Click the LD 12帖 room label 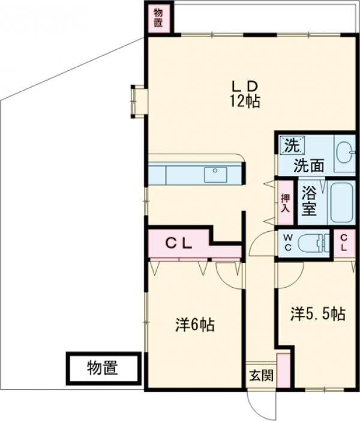point(245,92)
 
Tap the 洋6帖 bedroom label point(195,325)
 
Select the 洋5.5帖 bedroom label point(318,313)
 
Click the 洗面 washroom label point(309,165)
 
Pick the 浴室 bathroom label point(308,202)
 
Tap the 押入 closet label point(286,202)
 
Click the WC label point(287,243)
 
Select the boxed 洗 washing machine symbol point(291,145)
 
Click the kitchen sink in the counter point(215,174)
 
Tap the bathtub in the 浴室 point(343,202)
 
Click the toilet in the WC point(314,243)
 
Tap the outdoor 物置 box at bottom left point(103,368)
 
